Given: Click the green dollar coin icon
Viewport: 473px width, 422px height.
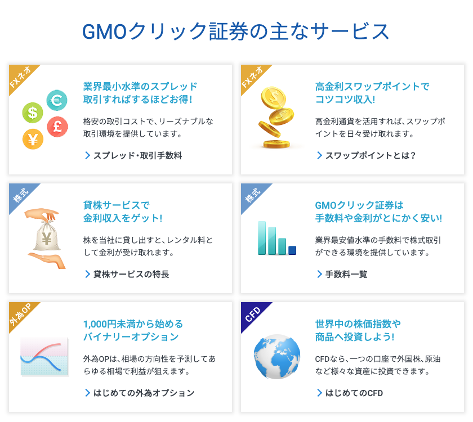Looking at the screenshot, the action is click(x=33, y=113).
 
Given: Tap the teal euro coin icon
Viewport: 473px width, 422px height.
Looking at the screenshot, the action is click(x=57, y=100).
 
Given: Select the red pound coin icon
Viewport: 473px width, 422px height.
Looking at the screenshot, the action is click(x=57, y=127).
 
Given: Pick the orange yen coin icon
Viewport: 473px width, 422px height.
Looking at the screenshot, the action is click(x=33, y=139).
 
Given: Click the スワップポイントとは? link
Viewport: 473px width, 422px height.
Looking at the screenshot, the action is click(x=366, y=155).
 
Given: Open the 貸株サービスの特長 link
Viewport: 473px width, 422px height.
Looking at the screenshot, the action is click(x=127, y=275).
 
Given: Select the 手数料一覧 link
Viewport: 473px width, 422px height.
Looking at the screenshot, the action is click(x=342, y=275).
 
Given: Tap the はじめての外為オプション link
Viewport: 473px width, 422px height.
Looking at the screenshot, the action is click(x=140, y=393).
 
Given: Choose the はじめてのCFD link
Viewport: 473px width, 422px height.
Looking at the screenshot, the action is click(x=350, y=393).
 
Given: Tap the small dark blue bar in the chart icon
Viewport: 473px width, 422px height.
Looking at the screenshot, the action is click(x=292, y=250).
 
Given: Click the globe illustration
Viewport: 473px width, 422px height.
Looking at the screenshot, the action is click(x=277, y=357).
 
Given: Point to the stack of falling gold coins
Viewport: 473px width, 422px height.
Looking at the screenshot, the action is click(x=276, y=118).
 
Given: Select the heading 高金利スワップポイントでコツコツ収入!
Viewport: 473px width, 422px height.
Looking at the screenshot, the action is click(x=372, y=93).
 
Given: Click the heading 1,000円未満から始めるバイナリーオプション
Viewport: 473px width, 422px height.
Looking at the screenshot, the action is click(x=133, y=330).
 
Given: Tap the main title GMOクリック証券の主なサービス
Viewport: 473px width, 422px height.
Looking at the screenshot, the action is click(x=235, y=32).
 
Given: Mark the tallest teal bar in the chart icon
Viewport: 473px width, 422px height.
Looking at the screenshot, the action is click(x=262, y=238).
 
